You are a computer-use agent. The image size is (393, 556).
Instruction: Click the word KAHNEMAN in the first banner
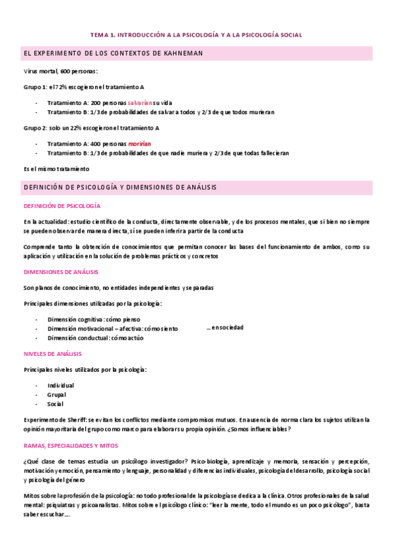[181, 52]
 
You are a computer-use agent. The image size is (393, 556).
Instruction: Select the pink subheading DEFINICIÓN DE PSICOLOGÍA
[62, 205]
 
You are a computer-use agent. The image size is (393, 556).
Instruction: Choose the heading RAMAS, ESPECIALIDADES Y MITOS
[75, 445]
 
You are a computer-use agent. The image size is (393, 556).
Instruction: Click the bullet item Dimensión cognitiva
[93, 319]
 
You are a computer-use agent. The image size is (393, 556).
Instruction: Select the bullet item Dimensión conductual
[95, 338]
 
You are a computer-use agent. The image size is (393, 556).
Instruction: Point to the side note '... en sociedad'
[224, 327]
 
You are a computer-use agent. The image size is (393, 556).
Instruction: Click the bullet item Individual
[60, 386]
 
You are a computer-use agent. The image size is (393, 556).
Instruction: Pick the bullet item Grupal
[56, 395]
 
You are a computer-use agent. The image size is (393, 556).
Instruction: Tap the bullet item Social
[56, 404]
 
